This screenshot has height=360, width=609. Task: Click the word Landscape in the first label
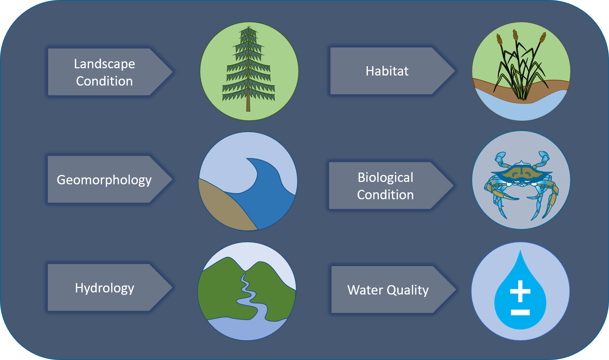(104, 64)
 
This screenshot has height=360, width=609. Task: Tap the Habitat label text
(387, 71)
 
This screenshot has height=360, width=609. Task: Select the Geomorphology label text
(104, 180)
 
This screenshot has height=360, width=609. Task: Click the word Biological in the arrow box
(385, 178)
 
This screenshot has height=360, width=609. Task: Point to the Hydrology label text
(104, 288)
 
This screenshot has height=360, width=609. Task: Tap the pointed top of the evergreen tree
(248, 26)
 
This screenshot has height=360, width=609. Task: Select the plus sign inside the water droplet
(520, 291)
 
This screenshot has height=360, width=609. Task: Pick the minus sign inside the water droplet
(520, 313)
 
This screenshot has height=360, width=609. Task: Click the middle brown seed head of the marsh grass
(515, 35)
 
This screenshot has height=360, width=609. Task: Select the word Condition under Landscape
(104, 81)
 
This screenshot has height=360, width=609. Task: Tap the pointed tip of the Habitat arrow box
(455, 71)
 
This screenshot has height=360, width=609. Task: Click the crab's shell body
(521, 172)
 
